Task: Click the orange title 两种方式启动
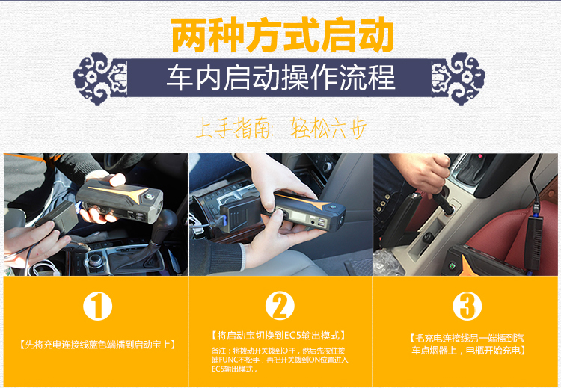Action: click(x=282, y=34)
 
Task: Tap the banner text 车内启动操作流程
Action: click(x=280, y=78)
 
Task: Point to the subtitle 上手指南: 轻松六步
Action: click(x=281, y=128)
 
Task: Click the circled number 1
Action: click(x=98, y=306)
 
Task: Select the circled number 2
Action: click(x=280, y=306)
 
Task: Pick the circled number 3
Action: click(x=467, y=306)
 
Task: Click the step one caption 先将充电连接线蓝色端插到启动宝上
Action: click(x=97, y=345)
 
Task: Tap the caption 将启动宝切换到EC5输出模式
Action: click(x=279, y=336)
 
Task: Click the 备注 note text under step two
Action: click(x=280, y=360)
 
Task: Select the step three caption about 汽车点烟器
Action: click(x=467, y=344)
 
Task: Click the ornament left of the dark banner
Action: click(x=99, y=79)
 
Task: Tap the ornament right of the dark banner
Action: click(x=459, y=79)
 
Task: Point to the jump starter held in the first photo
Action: click(x=120, y=200)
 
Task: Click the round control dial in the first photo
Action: click(x=95, y=260)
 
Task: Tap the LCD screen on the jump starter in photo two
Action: click(x=298, y=217)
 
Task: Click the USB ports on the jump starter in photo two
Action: click(x=322, y=223)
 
